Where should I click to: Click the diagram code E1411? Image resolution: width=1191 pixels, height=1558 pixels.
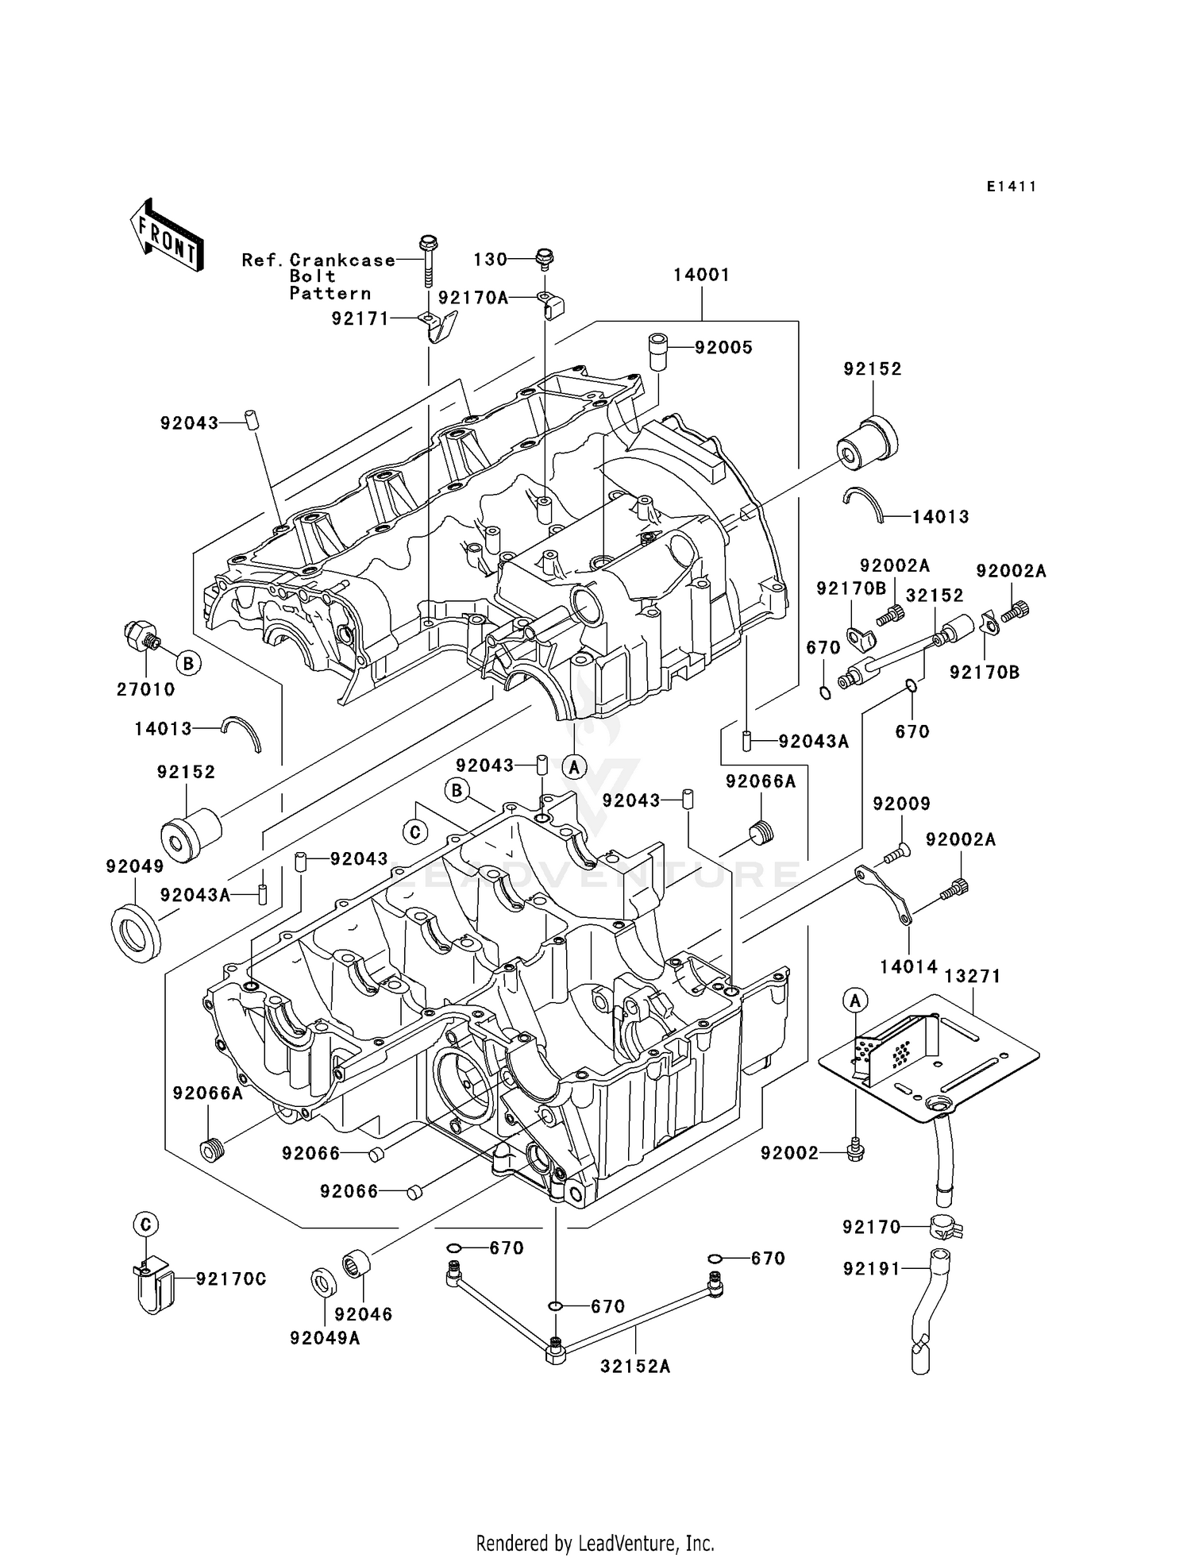click(x=1011, y=187)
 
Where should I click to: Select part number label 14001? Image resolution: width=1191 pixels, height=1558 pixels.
click(x=701, y=275)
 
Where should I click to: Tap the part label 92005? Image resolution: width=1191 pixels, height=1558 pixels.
click(x=723, y=348)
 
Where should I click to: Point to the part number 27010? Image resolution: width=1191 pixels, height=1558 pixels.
click(x=145, y=689)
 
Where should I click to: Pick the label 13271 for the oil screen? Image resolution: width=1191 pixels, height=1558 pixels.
click(x=973, y=976)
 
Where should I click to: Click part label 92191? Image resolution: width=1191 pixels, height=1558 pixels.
click(x=872, y=1269)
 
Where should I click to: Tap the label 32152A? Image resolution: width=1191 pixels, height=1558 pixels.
click(x=635, y=1366)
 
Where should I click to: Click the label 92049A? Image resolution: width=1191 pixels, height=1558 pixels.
click(x=325, y=1338)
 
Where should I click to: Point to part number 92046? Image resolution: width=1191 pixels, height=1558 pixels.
click(x=364, y=1314)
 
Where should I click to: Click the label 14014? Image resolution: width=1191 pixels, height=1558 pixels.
click(x=908, y=966)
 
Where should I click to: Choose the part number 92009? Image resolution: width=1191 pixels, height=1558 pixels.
click(x=901, y=804)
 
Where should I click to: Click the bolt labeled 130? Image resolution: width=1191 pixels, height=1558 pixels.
click(x=545, y=256)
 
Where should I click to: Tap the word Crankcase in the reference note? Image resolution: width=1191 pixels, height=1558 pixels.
click(x=342, y=260)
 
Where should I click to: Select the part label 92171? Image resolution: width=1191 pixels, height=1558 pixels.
click(x=360, y=318)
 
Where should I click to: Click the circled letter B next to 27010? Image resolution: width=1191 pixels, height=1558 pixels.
click(x=188, y=662)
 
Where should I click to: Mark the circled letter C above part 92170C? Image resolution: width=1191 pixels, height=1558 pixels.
click(x=146, y=1225)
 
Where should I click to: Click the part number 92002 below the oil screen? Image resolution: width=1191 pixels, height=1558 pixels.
click(x=789, y=1153)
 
